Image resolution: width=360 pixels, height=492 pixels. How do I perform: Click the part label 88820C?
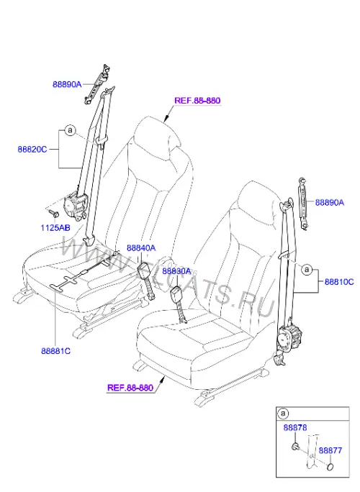(32, 149)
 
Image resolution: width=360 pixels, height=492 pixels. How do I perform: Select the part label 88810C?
(339, 282)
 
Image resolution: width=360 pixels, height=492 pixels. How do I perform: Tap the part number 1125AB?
(55, 227)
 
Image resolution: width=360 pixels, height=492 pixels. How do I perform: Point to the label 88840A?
(141, 248)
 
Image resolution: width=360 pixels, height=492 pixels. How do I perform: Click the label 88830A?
(176, 270)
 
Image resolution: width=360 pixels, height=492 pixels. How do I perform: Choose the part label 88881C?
(55, 351)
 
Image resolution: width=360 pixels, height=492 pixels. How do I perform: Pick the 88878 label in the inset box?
(295, 427)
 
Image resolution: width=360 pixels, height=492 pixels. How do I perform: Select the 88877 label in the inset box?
(330, 450)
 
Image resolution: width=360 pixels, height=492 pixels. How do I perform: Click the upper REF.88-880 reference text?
(197, 101)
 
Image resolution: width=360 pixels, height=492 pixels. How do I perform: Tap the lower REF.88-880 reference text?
(130, 388)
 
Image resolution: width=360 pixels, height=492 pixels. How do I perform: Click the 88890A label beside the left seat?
(67, 84)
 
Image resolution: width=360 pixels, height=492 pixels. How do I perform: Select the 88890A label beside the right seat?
(330, 202)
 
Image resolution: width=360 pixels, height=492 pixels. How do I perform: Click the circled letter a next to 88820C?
(70, 129)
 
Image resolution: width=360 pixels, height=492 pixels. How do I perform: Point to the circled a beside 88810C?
(307, 269)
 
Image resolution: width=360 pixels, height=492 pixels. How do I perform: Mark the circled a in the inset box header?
(283, 414)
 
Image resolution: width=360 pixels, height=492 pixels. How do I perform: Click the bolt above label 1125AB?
(54, 214)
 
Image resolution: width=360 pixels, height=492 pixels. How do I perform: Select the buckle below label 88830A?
(176, 294)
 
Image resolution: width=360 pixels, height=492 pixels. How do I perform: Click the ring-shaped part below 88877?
(330, 467)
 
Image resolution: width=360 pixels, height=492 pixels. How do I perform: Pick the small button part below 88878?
(295, 447)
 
